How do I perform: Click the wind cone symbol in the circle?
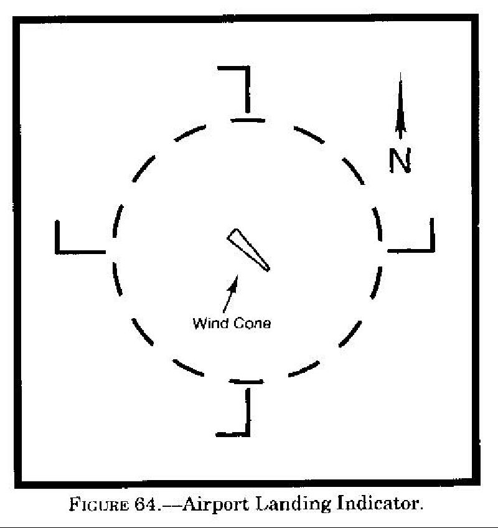tap(248, 250)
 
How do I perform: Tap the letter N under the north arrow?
tap(400, 160)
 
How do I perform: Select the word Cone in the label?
tap(252, 324)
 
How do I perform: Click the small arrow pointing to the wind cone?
tap(230, 294)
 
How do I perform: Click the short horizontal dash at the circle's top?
tap(248, 120)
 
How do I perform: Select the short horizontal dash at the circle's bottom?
tap(246, 382)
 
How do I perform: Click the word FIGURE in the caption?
tap(99, 505)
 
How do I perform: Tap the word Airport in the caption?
tap(216, 505)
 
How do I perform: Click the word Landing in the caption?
tap(293, 504)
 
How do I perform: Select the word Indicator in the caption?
tap(380, 504)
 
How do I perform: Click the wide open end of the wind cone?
tap(233, 235)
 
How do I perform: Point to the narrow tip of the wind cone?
tap(268, 269)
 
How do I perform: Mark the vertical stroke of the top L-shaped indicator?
tap(248, 90)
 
